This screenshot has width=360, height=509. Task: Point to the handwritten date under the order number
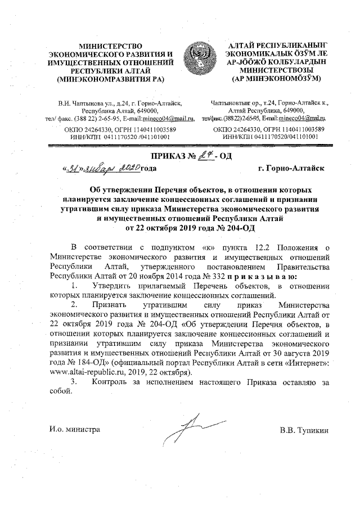point(103,167)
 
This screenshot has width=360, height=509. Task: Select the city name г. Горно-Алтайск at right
point(286,168)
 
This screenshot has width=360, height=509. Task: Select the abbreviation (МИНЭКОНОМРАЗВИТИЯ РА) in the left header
point(110,79)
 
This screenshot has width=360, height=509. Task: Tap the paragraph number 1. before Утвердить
point(75,287)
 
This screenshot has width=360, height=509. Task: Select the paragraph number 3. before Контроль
point(75,382)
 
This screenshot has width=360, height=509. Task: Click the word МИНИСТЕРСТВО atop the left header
point(110,45)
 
